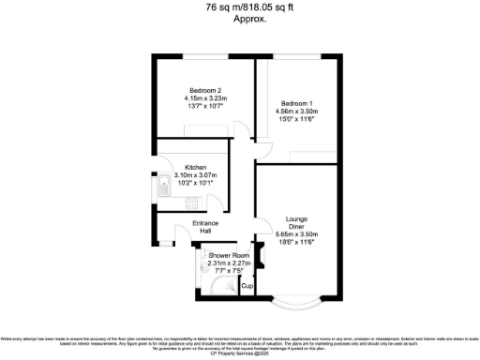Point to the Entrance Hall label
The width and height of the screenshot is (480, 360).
tap(205, 227)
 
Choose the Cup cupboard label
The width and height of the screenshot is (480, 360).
tap(248, 285)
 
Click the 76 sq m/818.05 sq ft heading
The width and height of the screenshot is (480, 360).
tap(240, 6)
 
